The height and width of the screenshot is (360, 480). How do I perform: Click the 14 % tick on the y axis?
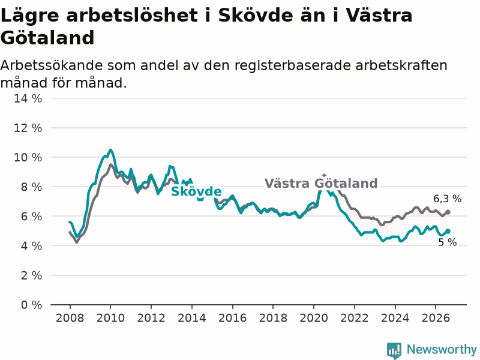[28, 98]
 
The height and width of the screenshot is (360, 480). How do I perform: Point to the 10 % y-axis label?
[28, 157]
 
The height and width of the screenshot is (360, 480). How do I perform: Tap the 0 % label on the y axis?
[31, 305]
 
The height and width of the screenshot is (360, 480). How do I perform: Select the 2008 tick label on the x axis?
[70, 318]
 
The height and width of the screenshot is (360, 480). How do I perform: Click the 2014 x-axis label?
[191, 318]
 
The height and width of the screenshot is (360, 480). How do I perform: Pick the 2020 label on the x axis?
[313, 318]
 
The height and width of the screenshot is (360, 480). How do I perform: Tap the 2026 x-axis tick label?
[436, 318]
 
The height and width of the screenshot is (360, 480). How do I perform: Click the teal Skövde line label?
[196, 191]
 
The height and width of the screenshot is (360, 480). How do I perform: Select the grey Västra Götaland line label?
[321, 184]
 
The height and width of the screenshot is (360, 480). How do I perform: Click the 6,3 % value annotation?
[447, 199]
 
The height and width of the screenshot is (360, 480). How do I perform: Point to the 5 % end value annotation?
[447, 242]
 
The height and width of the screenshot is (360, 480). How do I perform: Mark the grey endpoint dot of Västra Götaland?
[448, 212]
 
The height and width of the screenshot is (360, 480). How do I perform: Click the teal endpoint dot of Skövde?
[448, 231]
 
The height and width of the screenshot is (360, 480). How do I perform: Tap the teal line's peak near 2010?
[110, 150]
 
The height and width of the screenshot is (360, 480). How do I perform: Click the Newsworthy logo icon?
[394, 350]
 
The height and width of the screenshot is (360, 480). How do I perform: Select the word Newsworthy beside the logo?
[442, 349]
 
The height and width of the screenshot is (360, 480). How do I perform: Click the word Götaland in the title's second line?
[47, 38]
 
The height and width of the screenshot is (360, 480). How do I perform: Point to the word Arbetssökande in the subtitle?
[51, 65]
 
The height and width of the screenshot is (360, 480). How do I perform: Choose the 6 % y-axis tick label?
[31, 217]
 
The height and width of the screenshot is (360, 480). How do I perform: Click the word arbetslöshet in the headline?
[132, 16]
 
